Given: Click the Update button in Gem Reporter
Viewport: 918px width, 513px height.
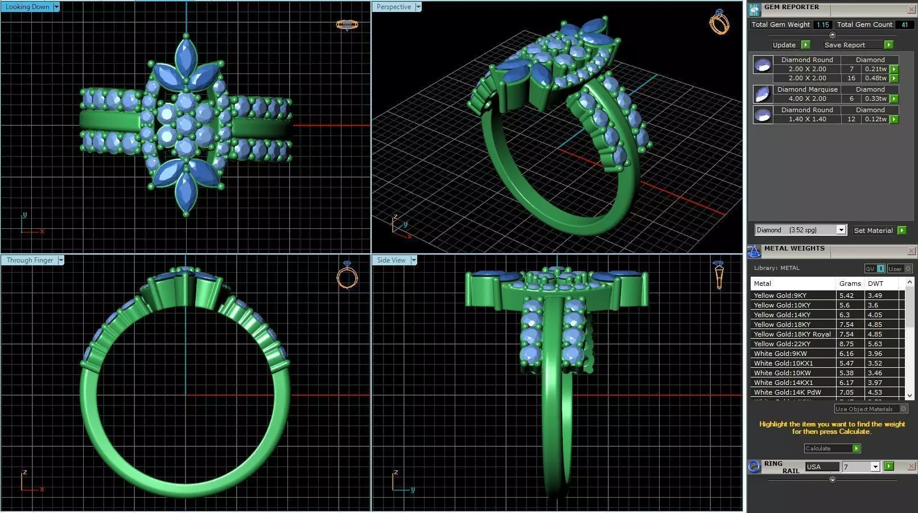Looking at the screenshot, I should tap(784, 45).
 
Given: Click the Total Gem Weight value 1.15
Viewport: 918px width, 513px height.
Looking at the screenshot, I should tap(822, 24).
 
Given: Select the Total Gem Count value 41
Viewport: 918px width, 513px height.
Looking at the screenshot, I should tap(904, 24).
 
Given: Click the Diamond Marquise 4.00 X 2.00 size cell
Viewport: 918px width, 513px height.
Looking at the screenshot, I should tap(807, 99).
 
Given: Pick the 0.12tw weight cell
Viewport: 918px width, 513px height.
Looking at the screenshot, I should tap(875, 119).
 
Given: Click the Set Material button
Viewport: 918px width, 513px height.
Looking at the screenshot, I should tap(873, 230).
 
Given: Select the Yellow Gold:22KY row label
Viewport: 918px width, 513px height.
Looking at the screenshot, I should tap(782, 344).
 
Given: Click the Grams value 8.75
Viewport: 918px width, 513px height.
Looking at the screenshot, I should tap(846, 344).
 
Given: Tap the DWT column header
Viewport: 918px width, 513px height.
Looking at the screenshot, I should tap(875, 283).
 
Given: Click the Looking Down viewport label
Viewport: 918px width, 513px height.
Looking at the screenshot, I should tap(27, 7).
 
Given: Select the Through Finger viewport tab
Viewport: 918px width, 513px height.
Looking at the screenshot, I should tap(30, 260).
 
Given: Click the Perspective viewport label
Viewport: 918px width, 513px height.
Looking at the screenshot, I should tap(393, 7).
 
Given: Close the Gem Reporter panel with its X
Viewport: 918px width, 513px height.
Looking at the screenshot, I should tap(911, 10).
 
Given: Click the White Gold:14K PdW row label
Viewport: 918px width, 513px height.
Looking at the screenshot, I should tap(787, 392).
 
